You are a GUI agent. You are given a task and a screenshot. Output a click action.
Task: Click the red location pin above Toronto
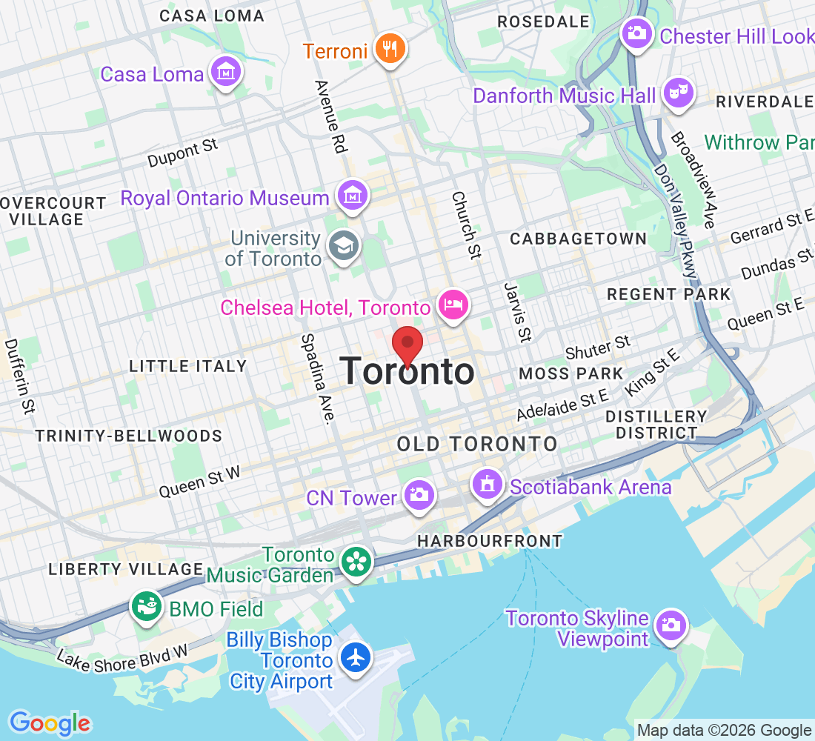(x=407, y=344)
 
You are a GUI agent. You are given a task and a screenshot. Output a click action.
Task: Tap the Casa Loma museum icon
(x=225, y=72)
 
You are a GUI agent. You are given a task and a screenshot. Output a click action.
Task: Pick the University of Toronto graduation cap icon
(x=344, y=246)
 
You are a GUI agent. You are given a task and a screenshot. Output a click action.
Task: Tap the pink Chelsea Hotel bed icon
(x=453, y=304)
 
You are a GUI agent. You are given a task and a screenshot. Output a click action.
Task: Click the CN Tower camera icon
(x=419, y=494)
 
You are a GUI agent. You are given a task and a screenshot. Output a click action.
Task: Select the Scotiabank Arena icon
(x=487, y=485)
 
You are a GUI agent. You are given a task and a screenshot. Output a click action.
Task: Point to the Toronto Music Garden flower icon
(x=356, y=562)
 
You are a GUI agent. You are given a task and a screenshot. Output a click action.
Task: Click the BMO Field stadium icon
(x=147, y=607)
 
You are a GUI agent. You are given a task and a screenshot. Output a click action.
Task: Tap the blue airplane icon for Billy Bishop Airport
(x=356, y=657)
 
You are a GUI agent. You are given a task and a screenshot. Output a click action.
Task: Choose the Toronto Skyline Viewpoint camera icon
(x=671, y=625)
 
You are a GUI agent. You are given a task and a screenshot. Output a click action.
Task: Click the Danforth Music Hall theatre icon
(x=678, y=93)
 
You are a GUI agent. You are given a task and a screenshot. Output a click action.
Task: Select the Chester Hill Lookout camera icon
(x=636, y=33)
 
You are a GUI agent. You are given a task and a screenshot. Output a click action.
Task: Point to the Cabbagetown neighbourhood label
(x=578, y=239)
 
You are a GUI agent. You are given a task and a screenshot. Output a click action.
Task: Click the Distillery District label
(x=656, y=425)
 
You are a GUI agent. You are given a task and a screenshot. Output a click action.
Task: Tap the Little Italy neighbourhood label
(x=187, y=366)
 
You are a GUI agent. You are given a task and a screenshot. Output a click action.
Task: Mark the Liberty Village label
(x=125, y=569)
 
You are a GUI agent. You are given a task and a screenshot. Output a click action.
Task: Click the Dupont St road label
(x=183, y=151)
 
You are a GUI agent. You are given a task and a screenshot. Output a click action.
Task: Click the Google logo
(x=50, y=722)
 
